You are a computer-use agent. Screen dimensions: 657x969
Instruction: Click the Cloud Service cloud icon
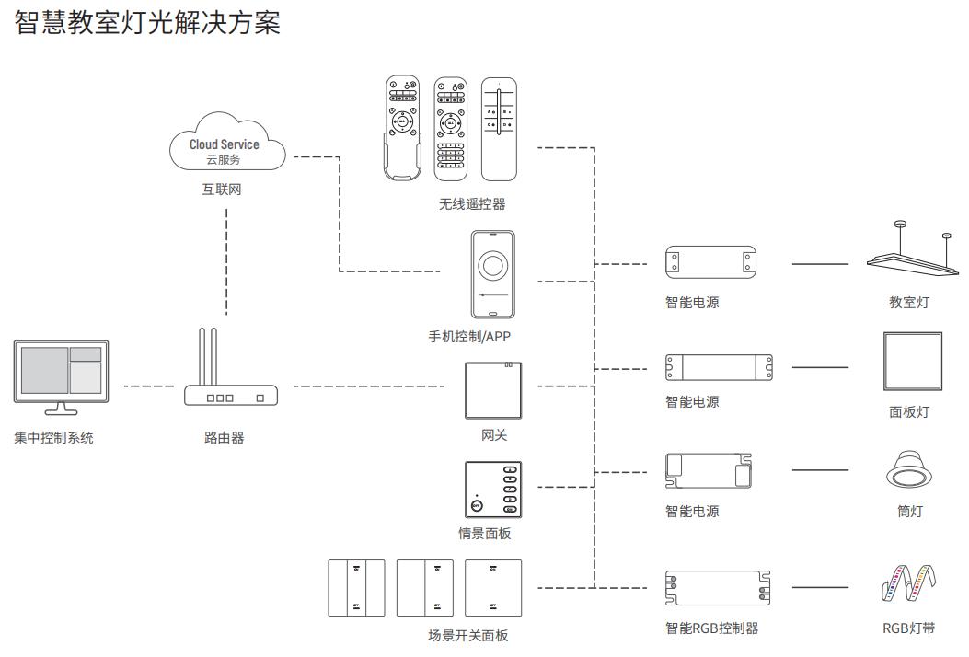tap(227, 144)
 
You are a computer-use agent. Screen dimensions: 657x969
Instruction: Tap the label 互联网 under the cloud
tap(225, 190)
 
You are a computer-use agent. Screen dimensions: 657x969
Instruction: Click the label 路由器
tap(225, 438)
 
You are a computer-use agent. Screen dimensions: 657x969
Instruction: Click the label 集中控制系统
tap(53, 438)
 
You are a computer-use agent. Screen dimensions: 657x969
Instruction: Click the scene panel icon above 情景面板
tap(493, 489)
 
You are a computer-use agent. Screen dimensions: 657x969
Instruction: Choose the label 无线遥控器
tap(472, 204)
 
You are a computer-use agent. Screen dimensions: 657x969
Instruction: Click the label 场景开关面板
tap(467, 635)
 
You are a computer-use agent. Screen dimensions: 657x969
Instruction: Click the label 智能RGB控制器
tap(712, 628)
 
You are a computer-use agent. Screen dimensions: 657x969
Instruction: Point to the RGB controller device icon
tap(718, 587)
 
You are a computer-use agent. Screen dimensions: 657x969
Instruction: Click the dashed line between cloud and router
tap(226, 262)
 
